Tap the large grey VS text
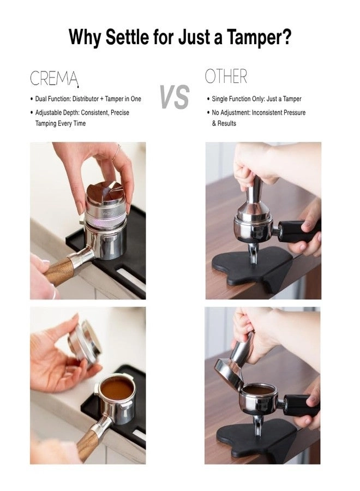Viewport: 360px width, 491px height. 175,98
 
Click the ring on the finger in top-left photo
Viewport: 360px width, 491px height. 117,154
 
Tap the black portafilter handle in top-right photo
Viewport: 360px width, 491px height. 297,231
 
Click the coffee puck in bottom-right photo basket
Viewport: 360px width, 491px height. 259,390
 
